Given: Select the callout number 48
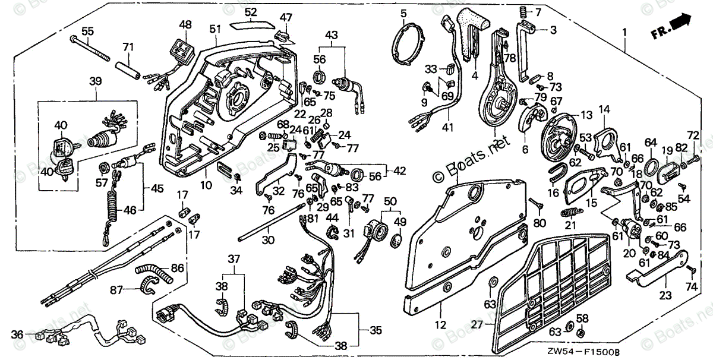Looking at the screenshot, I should click(x=186, y=25).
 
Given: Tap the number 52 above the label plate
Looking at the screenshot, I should click(x=251, y=12).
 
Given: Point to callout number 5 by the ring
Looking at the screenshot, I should click(x=403, y=13).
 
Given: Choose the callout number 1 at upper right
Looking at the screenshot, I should click(x=624, y=31).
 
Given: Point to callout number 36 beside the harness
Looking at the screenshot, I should click(x=17, y=336).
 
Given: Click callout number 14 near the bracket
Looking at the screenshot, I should click(x=604, y=109).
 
